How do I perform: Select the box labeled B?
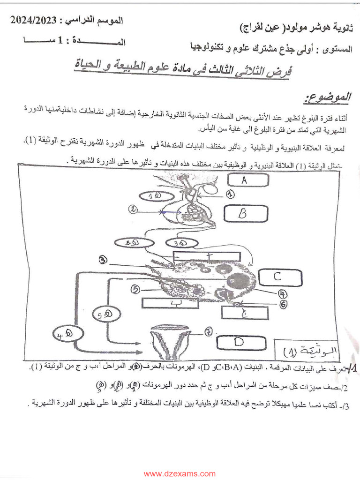point(242,214)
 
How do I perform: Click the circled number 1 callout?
point(230,193)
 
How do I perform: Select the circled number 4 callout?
point(282,293)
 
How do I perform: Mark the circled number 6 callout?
point(284,304)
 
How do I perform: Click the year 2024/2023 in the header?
point(35,20)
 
